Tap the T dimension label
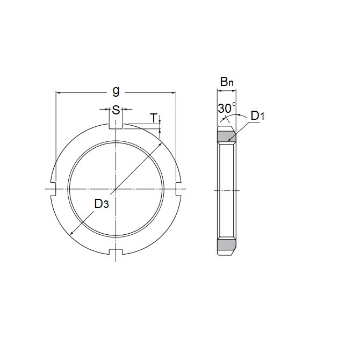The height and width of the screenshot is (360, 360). (153, 118)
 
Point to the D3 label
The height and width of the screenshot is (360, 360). (103, 204)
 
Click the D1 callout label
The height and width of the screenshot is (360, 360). (257, 116)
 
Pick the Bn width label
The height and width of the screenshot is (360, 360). (227, 82)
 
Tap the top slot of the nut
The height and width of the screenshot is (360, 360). (116, 127)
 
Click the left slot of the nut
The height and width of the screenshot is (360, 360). (53, 189)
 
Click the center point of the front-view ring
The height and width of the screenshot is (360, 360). (116, 189)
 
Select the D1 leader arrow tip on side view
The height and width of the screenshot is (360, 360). (229, 141)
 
